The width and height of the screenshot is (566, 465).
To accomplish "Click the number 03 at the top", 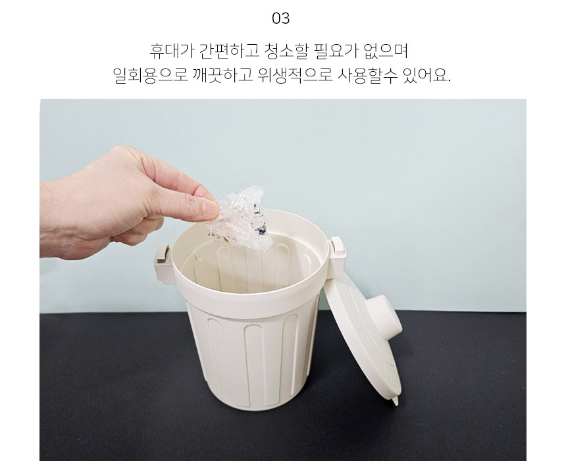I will pos(281,18).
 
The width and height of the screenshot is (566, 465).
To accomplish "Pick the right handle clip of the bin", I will pos(337,254).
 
